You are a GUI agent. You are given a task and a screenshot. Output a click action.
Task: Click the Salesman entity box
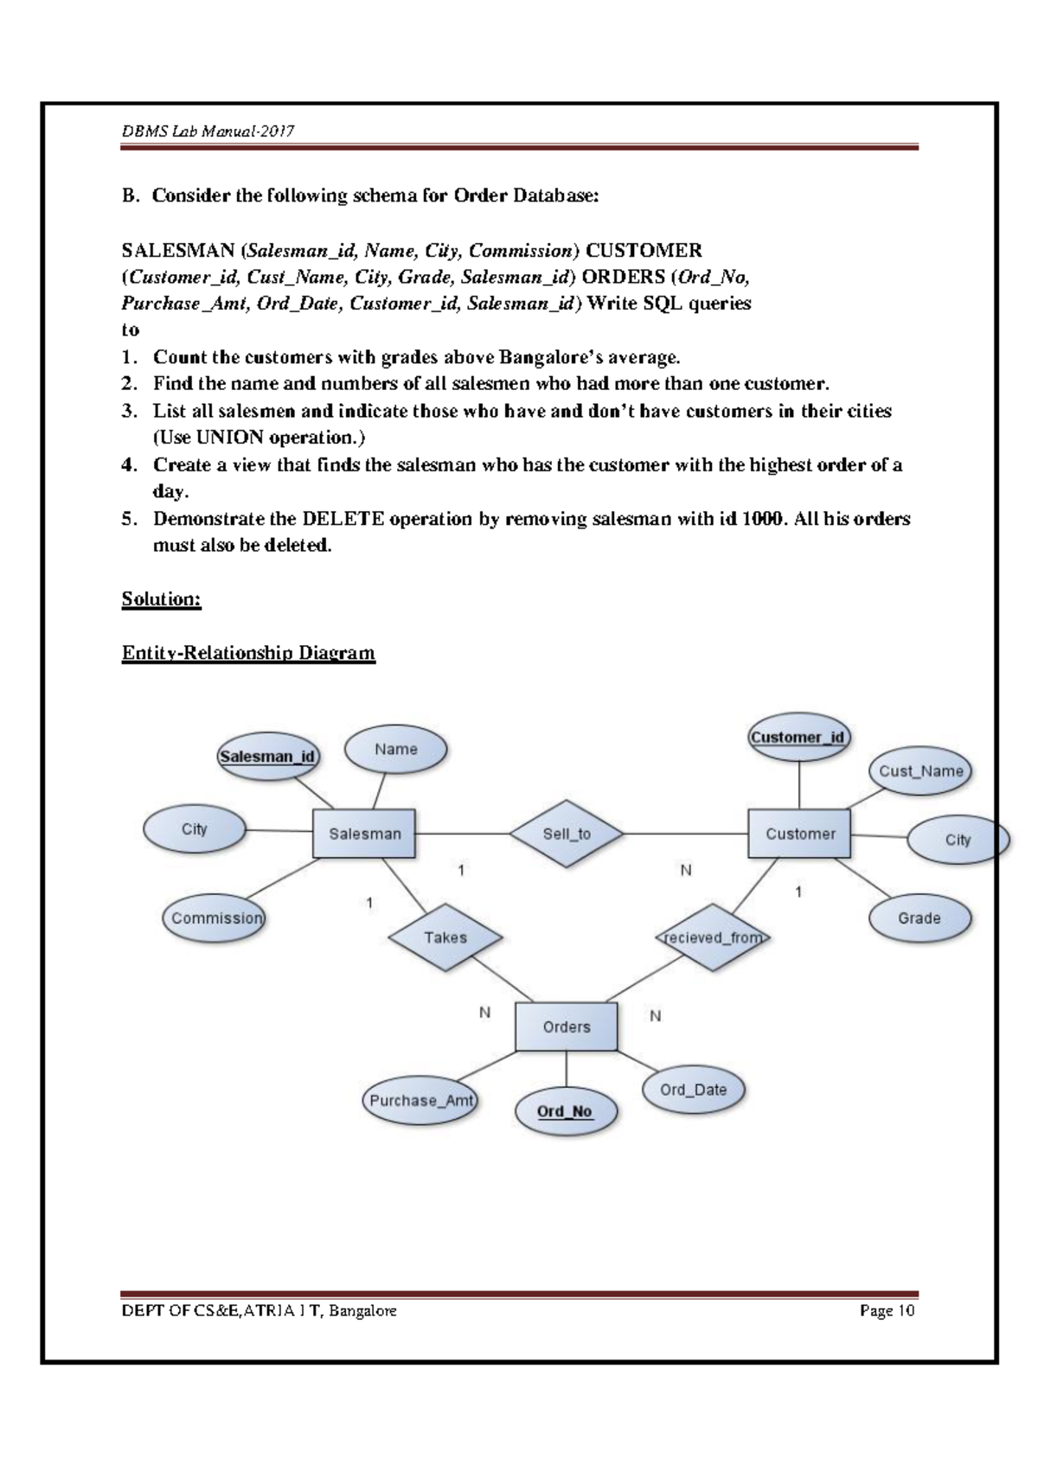pos(364,834)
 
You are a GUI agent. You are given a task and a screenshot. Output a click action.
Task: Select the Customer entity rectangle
pos(799,834)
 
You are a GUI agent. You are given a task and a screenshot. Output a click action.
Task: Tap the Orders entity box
pos(567,1027)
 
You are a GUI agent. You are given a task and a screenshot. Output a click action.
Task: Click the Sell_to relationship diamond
pos(567,834)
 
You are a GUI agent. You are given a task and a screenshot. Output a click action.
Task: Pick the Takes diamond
pos(445,937)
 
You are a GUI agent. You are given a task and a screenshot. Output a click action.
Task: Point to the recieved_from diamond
pos(713,937)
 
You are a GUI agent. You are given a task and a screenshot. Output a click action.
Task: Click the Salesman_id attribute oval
pos(267,757)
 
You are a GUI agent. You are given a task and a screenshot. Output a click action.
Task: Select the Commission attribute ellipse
pos(215,918)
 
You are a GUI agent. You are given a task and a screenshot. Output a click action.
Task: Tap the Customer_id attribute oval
pos(798,738)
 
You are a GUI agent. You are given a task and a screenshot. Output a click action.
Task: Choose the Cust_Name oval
pos(920,771)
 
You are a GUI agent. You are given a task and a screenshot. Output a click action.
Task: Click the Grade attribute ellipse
pos(919,918)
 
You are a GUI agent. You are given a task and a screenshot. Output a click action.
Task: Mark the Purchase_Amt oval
pos(421,1101)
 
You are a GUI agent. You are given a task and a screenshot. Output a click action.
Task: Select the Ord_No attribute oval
pos(565,1111)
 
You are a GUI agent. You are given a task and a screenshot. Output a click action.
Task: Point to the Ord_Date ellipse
pos(693,1090)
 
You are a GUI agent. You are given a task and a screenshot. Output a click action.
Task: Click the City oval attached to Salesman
pos(194,829)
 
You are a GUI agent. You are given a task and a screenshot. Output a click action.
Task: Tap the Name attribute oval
pos(396,750)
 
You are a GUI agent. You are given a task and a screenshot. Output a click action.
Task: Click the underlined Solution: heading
pos(162,599)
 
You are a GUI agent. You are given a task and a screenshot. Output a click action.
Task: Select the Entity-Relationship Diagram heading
pos(248,653)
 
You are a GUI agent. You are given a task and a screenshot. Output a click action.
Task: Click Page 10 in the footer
pos(887,1311)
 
